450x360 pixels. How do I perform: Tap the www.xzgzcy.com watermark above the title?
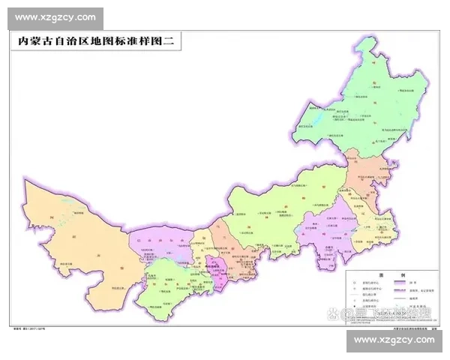(55, 17)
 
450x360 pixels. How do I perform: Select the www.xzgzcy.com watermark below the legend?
(394, 340)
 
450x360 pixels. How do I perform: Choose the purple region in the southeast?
(330, 225)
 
